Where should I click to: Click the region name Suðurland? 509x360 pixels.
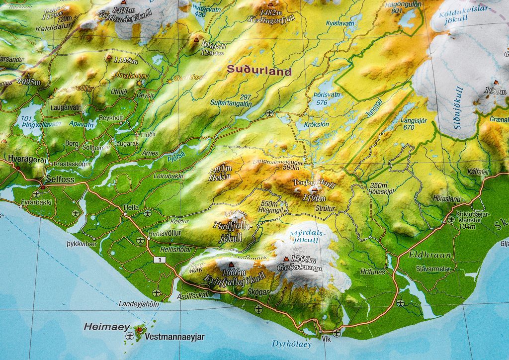click(259, 72)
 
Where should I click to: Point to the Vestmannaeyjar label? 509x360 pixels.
click(174, 337)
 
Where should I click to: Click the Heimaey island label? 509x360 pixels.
click(106, 327)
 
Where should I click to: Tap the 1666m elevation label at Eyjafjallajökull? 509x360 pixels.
click(235, 272)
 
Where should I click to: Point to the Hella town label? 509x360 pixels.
click(131, 207)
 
